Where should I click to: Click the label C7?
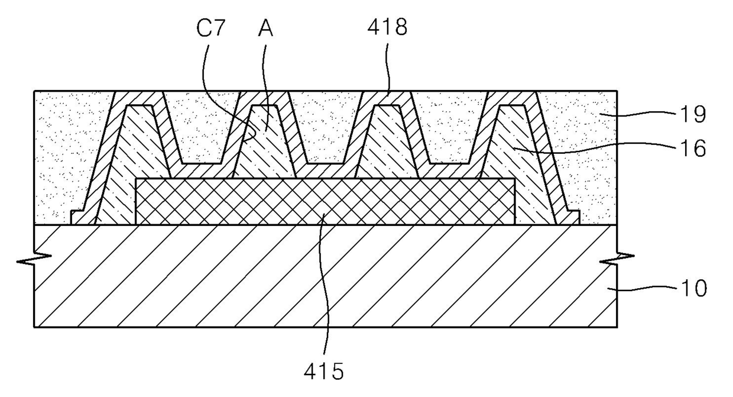tap(210, 28)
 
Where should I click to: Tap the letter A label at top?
tap(265, 28)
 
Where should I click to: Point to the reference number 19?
tap(693, 114)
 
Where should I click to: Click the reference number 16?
tap(693, 148)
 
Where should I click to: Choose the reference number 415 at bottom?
tap(323, 371)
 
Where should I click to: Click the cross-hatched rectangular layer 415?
tap(325, 201)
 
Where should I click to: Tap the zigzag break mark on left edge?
tap(34, 259)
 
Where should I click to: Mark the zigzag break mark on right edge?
tap(617, 259)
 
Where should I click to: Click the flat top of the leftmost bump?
tap(140, 105)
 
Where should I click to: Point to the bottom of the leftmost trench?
tap(201, 163)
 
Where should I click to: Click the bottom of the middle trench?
tap(325, 163)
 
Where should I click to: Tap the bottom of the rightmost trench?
tap(449, 163)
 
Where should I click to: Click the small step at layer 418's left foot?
tap(77, 217)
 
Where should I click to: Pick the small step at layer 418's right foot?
tap(573, 217)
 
